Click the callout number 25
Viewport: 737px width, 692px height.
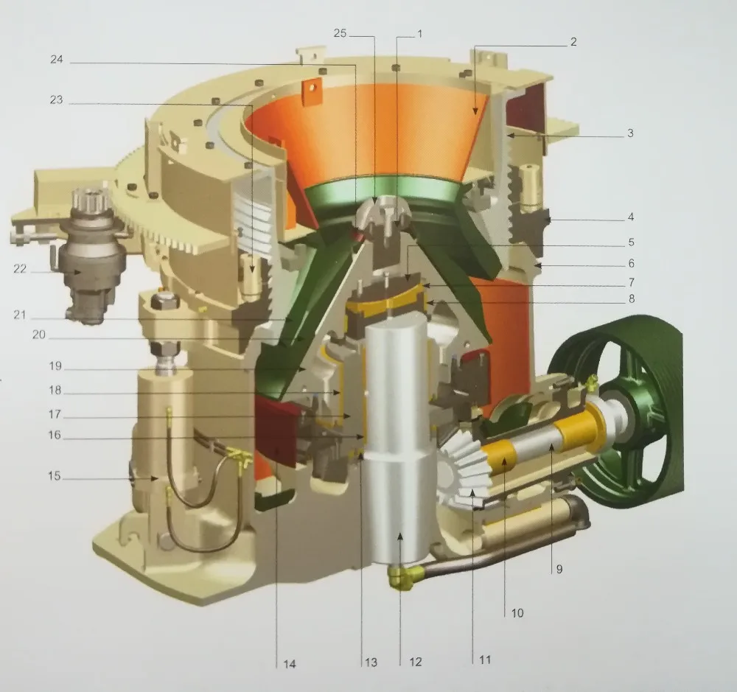(x=340, y=33)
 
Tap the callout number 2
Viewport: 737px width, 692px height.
(x=573, y=42)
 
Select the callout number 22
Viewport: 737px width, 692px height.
(x=20, y=269)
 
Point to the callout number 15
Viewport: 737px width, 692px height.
(x=54, y=476)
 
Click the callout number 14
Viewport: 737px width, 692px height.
(x=289, y=664)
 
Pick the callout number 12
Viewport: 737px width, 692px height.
(x=416, y=662)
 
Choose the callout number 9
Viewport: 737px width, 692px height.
(x=559, y=570)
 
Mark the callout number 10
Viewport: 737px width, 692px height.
(x=517, y=613)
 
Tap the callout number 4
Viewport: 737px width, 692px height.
(x=631, y=217)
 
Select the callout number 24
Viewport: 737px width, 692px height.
(x=57, y=60)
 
